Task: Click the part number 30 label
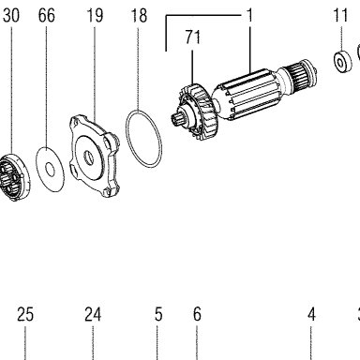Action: tap(11, 16)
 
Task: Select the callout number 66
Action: tap(47, 16)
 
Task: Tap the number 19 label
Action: tap(95, 16)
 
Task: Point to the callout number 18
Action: tap(139, 16)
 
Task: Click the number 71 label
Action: tap(193, 37)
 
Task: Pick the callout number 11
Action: tap(340, 16)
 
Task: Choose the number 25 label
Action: tap(25, 314)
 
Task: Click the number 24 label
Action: tap(93, 314)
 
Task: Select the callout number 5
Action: tap(158, 314)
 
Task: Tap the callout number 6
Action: tap(197, 314)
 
